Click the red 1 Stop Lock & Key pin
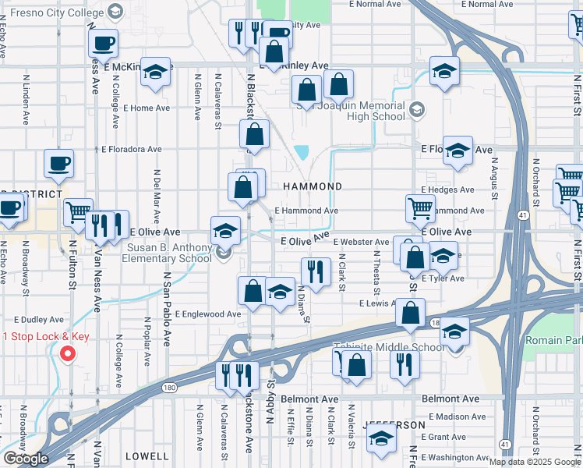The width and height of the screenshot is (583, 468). coord(68,353)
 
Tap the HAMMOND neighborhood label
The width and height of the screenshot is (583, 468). coord(313,187)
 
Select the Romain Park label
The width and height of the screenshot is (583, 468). coord(553,341)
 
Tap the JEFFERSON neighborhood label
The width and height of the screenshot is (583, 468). coord(394,425)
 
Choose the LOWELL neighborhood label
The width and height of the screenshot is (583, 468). coord(146,456)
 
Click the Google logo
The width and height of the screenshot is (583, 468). coord(25,459)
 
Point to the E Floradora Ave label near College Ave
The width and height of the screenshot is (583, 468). coord(132,149)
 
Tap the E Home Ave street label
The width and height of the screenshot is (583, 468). coord(147,108)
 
